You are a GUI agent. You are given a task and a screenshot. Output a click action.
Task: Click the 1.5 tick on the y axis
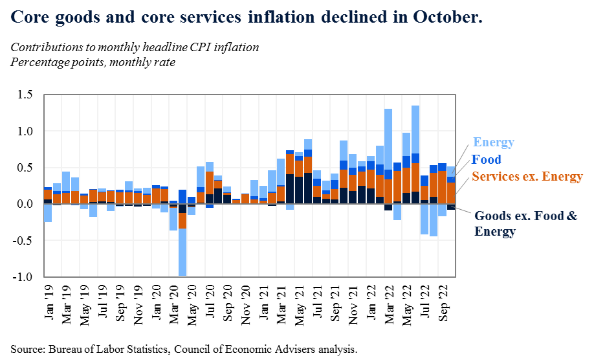[x=25, y=95]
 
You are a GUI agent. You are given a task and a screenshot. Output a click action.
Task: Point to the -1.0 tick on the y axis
[x=24, y=277]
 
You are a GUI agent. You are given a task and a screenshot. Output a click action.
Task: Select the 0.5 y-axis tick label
[x=25, y=168]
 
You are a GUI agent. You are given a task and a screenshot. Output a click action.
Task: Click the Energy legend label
[x=493, y=142]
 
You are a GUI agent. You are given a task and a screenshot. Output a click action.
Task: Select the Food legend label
[x=486, y=160]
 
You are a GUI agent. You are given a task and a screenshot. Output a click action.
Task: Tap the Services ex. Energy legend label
[x=527, y=176]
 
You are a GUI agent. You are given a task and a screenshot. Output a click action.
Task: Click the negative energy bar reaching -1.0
[x=183, y=253]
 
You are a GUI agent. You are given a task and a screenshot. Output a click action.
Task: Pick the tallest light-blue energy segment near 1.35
[x=415, y=129]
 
